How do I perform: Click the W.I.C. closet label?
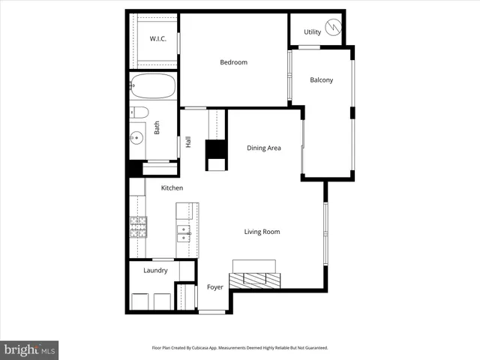click(157, 38)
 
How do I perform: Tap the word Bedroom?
click(233, 62)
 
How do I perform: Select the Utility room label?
click(312, 32)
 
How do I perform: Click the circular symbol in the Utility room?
click(333, 31)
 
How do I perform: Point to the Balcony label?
click(321, 80)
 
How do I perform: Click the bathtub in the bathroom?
click(152, 86)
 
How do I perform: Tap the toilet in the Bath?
click(139, 113)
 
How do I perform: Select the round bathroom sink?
click(136, 138)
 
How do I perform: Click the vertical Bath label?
click(157, 128)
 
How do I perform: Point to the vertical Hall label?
click(188, 141)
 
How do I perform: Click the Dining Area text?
click(264, 148)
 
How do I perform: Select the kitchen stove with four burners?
click(137, 226)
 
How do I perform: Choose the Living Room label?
click(262, 232)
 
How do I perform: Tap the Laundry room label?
click(154, 271)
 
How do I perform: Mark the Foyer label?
click(215, 287)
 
